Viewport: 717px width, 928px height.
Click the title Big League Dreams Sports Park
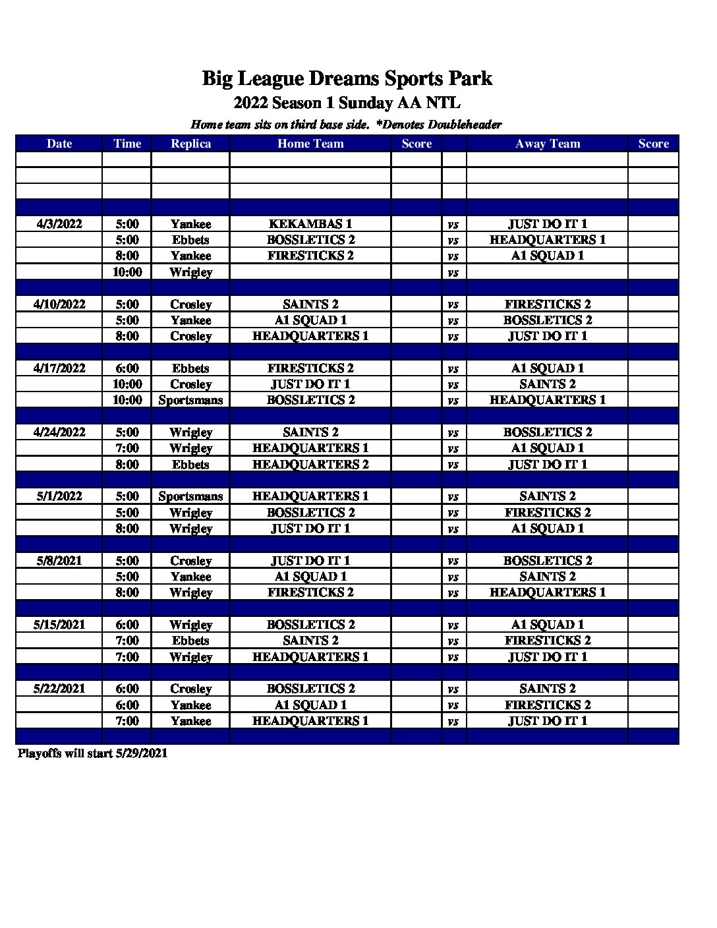click(x=347, y=78)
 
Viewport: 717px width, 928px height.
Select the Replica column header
click(x=190, y=144)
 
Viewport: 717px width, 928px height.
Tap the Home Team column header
click(x=310, y=144)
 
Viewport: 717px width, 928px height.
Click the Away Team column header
click(x=548, y=144)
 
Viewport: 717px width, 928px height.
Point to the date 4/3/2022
click(x=59, y=224)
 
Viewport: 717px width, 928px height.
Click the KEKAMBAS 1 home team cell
click(x=310, y=224)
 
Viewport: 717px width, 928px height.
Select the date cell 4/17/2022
click(x=59, y=368)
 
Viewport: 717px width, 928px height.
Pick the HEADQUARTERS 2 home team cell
click(x=310, y=465)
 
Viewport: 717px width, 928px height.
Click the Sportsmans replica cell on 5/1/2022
click(x=190, y=496)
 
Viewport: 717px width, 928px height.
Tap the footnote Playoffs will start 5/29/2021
click(x=92, y=753)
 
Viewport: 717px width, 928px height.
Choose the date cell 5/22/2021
click(x=59, y=689)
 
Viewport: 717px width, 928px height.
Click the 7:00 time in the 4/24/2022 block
click(x=127, y=448)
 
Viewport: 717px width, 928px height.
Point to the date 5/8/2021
click(x=59, y=561)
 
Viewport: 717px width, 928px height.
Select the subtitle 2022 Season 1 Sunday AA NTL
click(x=347, y=103)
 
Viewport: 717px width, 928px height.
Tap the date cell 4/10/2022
click(x=59, y=304)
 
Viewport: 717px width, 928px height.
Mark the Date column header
click(x=59, y=144)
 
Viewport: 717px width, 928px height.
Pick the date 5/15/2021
click(x=59, y=625)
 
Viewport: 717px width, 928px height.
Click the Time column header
click(x=127, y=144)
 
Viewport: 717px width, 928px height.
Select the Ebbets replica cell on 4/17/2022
click(x=190, y=368)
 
